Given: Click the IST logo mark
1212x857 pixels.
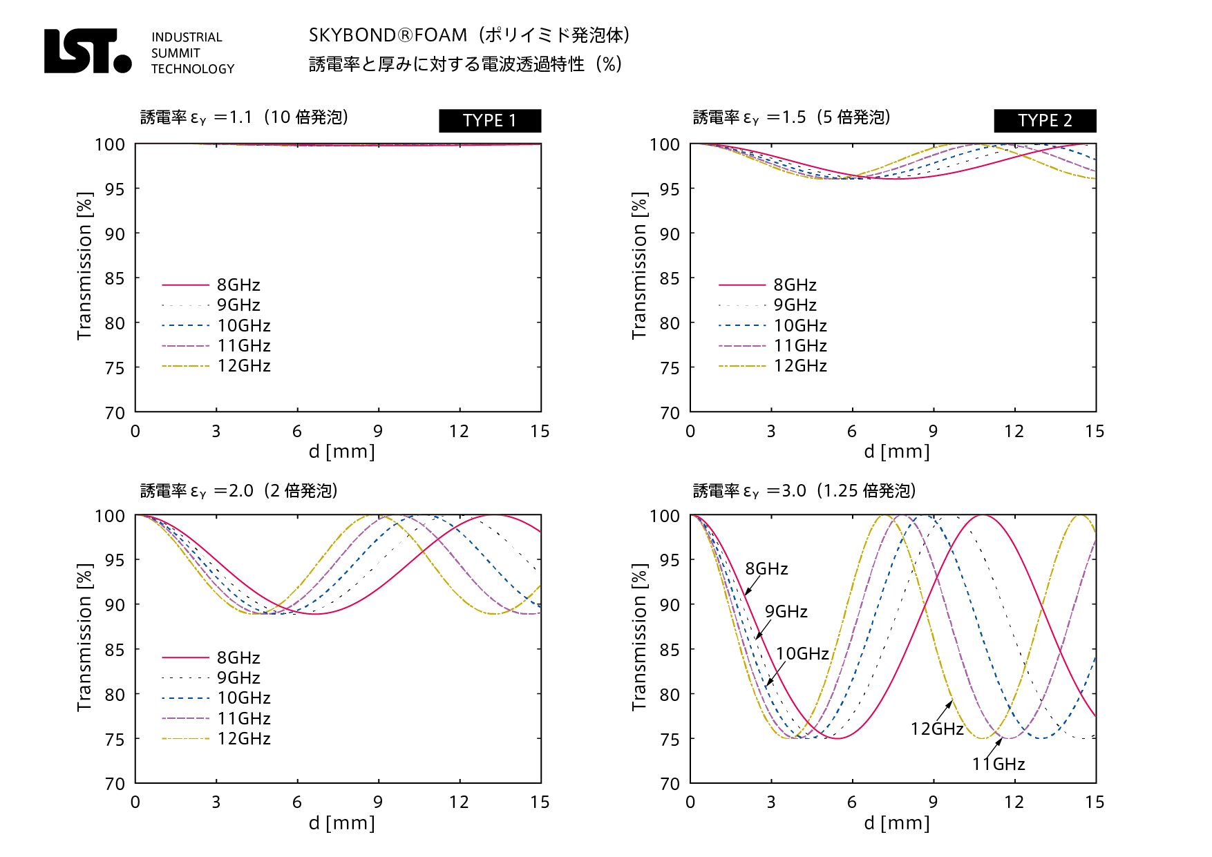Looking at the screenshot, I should pos(87,51).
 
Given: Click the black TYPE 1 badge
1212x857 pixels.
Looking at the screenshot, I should pos(489,120).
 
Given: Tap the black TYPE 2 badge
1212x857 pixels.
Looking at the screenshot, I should pos(1044,120).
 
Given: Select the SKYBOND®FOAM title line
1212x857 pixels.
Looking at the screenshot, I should pos(468,35).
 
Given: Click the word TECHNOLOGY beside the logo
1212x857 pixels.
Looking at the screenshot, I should pos(193,69).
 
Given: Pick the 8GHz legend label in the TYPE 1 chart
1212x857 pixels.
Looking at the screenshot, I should pos(238,285).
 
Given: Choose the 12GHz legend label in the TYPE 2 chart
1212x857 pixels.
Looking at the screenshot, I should pos(800,366).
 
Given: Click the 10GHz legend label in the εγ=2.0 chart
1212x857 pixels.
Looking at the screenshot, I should pos(244,698).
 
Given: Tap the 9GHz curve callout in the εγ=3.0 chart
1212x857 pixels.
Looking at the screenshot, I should pos(786,611).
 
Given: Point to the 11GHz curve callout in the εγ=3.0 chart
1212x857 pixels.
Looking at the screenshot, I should pos(998,764).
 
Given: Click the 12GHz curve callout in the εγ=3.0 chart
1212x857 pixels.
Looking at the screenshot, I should pos(936,729).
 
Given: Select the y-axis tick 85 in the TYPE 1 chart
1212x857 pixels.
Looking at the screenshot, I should pos(115,278).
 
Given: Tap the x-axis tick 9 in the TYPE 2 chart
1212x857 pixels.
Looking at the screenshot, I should pos(933,432).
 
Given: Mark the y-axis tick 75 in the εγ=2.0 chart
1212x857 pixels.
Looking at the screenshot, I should pos(115,740).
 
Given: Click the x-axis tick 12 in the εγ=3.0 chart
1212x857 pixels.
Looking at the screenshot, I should pos(1014,802).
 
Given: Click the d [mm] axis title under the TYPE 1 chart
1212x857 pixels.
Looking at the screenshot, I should pos(341,452).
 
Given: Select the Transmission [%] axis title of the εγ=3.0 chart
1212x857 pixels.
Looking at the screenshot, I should pos(639,637).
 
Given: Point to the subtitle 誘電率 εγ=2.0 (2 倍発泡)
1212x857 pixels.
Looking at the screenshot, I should pos(239,491).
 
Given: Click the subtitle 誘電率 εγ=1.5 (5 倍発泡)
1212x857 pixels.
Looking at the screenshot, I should pos(792,117).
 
